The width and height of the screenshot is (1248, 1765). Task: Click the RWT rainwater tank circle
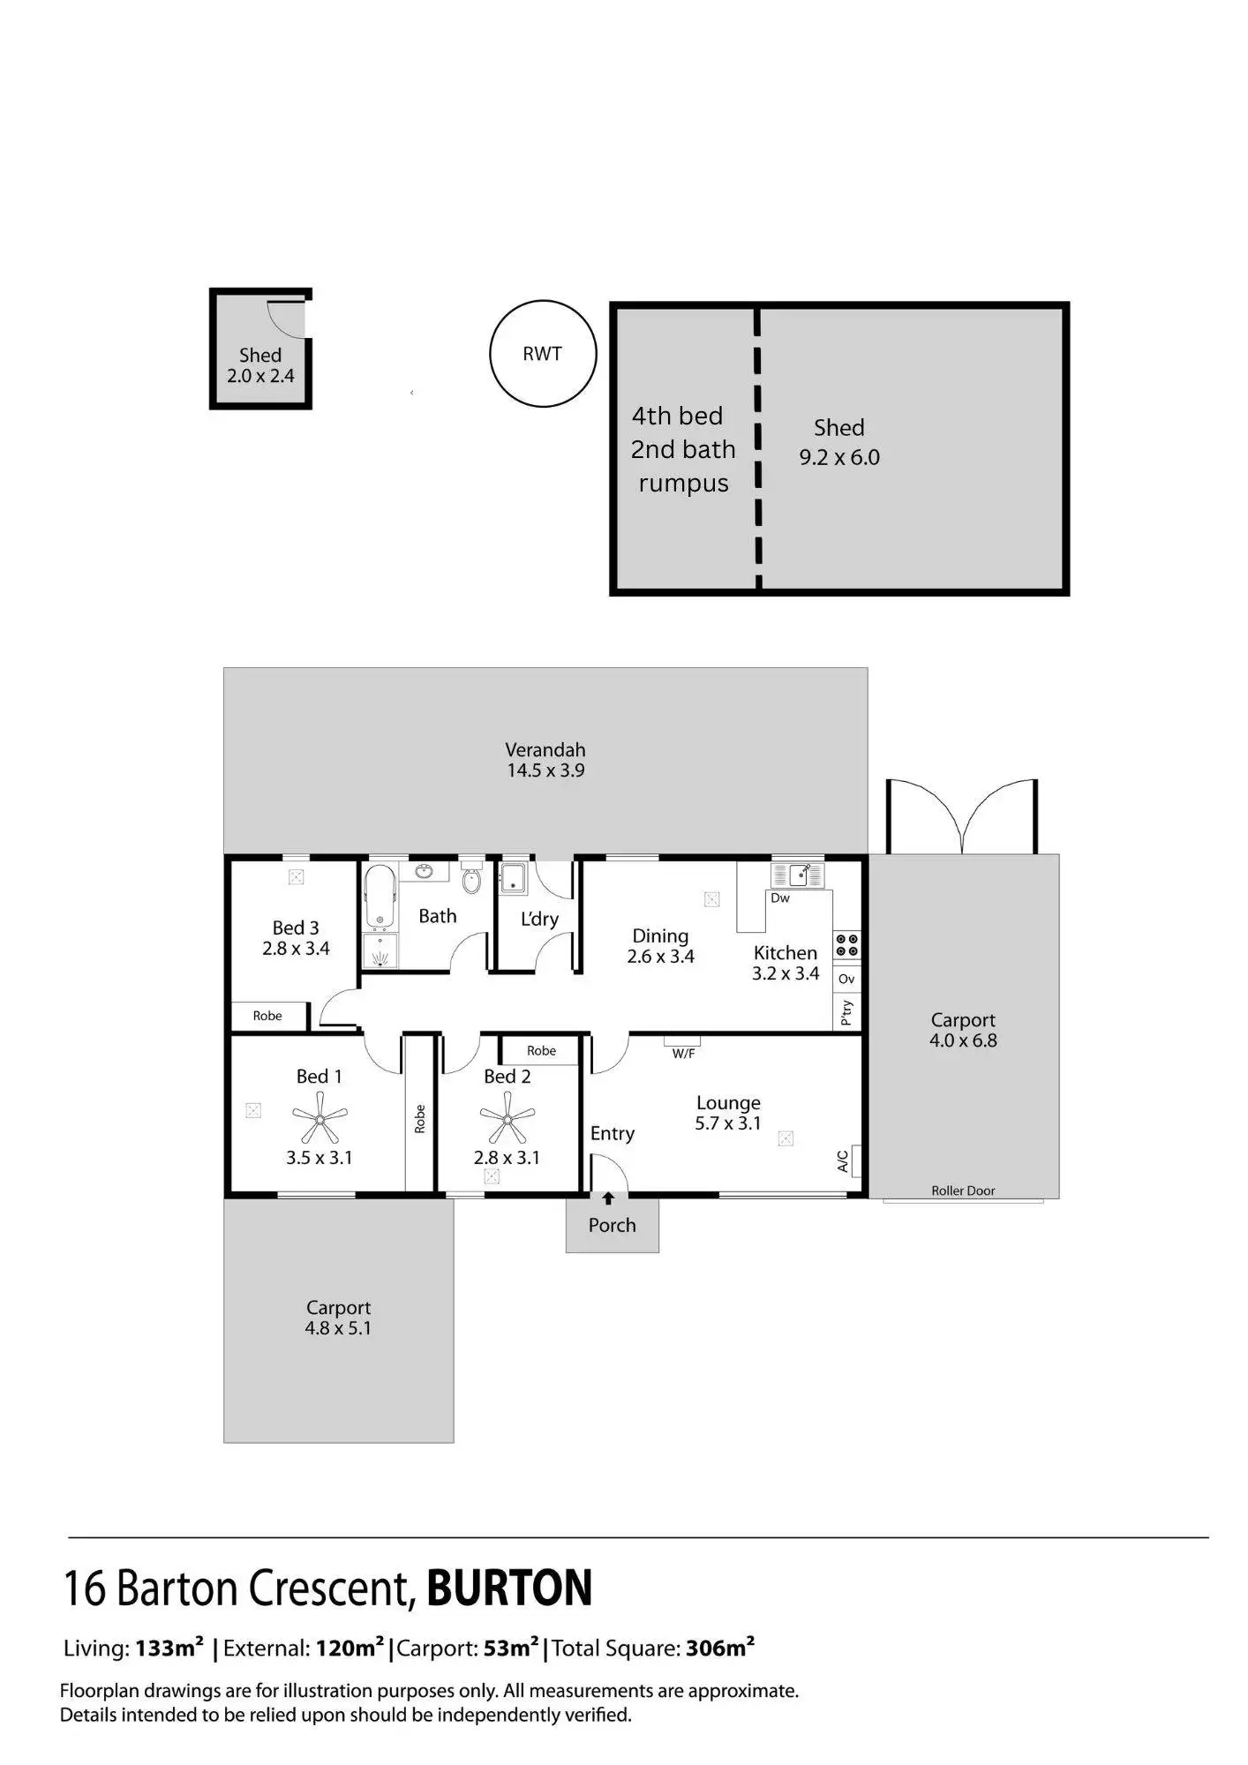coord(543,354)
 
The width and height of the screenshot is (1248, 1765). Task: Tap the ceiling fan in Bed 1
coord(320,1119)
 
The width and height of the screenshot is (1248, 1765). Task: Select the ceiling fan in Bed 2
coord(507,1119)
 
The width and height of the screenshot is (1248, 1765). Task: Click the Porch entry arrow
coord(608,1198)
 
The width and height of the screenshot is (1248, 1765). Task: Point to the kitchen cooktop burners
coord(846,944)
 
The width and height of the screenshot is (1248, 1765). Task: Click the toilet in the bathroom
coord(471,880)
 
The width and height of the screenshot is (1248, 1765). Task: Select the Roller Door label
coord(963,1190)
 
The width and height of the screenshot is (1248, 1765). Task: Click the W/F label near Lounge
coord(683,1054)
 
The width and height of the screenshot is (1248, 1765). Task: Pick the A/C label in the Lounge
coord(843,1160)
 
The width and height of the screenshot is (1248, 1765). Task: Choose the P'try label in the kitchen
coord(846,1011)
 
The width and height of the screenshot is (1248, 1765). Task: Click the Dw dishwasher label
coord(780,898)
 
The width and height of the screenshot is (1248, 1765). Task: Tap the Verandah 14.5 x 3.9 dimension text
coord(545,770)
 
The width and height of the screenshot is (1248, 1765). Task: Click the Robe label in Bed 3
coord(267,1016)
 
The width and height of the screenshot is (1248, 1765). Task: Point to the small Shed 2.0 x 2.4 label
coord(260,365)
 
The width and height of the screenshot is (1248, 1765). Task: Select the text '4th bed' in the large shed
coord(677,416)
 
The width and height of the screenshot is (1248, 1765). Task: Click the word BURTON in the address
coord(509,1588)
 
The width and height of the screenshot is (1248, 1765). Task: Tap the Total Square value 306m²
coord(720,1648)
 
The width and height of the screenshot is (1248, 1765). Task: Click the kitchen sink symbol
coord(798,875)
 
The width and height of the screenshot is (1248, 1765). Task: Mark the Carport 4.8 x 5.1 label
coord(338,1318)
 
